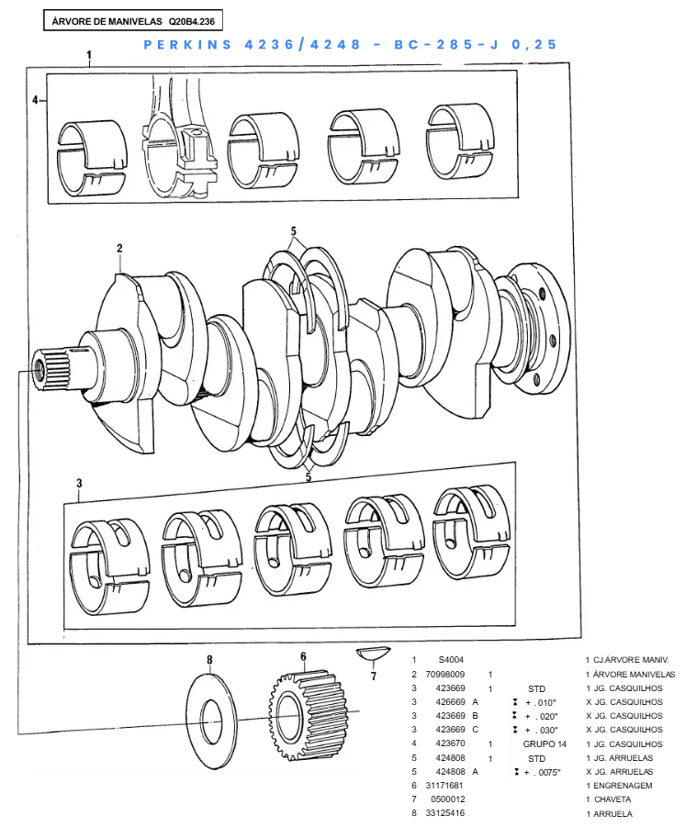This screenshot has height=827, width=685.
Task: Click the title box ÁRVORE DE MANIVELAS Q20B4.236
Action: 133,19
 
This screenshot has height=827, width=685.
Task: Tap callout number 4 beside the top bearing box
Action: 35,99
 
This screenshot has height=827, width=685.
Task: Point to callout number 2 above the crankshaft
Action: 119,248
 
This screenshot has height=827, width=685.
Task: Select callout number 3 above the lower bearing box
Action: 80,483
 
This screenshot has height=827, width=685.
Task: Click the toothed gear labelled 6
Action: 309,710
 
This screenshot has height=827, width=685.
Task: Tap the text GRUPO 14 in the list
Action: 545,743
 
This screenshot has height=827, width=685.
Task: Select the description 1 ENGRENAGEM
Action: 618,786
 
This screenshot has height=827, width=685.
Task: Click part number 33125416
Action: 445,814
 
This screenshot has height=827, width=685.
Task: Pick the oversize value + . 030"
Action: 542,730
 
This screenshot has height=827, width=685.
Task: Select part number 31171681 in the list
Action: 445,786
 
